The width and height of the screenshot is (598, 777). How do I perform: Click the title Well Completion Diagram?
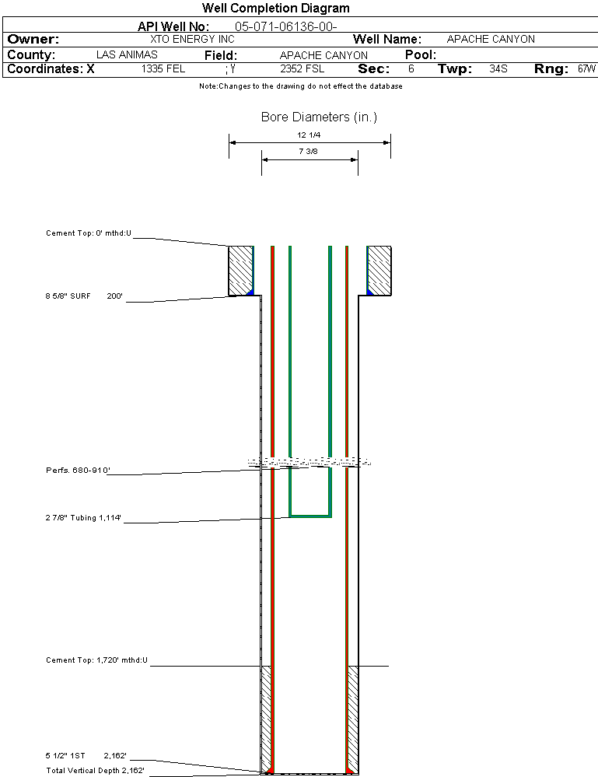point(275,9)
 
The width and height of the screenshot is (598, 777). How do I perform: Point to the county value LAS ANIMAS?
point(127,55)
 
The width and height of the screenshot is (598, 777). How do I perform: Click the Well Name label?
point(387,40)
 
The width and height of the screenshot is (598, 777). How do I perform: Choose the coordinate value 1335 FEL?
point(163,69)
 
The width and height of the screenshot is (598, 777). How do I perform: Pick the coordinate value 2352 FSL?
point(301,69)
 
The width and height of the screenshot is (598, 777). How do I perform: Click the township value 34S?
point(498,69)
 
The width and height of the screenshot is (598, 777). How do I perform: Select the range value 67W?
point(586,69)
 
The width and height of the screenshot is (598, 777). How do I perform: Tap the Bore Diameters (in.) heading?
point(319,117)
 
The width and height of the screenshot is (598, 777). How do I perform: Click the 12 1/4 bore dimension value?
point(309,135)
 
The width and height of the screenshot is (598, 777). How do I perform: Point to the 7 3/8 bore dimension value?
point(309,152)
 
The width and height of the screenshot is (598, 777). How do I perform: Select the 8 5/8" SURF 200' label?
point(85,296)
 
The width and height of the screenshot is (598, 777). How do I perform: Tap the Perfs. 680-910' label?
point(78,471)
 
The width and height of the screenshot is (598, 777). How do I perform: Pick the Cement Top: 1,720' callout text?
point(96,660)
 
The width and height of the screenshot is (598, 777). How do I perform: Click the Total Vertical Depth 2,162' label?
point(95,771)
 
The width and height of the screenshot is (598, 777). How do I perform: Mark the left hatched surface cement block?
point(241,271)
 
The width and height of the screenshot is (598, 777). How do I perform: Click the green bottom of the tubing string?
point(310,515)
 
